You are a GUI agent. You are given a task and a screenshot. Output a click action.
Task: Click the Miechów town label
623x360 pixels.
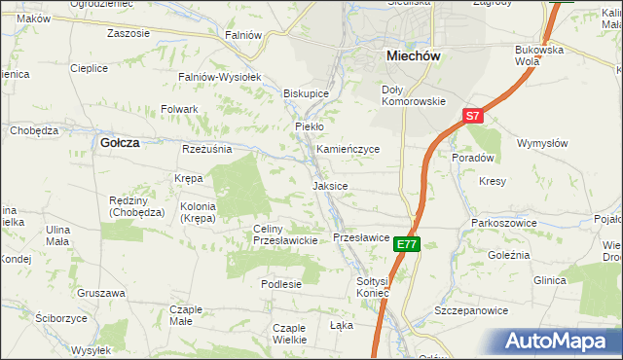414,56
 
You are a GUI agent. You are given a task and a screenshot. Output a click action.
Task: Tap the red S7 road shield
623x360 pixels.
472,116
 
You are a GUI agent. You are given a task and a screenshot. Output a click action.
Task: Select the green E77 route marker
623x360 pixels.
408,245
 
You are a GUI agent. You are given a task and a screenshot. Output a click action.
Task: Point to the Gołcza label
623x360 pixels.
120,142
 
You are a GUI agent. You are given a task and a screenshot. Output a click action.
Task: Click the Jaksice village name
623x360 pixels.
330,185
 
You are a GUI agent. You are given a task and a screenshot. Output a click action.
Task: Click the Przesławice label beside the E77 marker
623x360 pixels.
361,237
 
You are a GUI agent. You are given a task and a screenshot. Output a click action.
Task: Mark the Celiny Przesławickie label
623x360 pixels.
285,234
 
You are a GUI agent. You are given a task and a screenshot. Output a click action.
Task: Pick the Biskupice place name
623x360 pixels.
306,93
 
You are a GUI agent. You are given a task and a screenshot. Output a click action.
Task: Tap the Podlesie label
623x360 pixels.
281,284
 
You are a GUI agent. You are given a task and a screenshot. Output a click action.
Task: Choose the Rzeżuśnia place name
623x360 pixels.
206,149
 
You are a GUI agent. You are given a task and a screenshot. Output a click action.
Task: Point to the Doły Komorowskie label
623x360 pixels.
412,95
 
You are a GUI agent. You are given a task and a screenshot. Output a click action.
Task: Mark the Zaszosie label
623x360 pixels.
129,33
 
